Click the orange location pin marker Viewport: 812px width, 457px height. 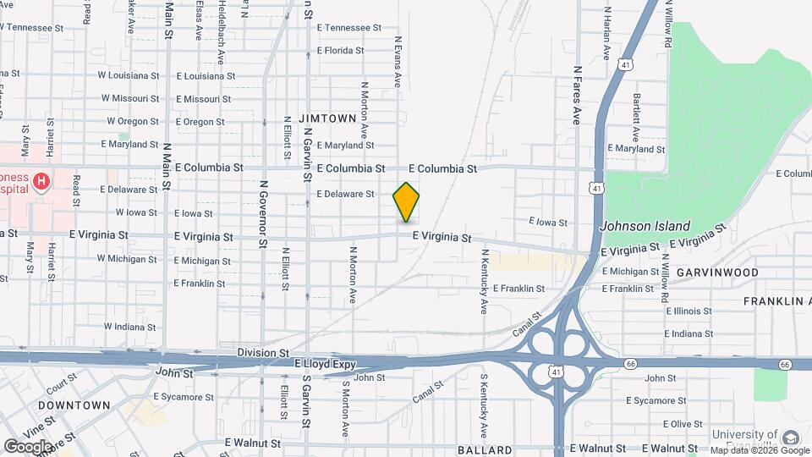click(x=406, y=201)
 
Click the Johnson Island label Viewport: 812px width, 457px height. click(x=645, y=226)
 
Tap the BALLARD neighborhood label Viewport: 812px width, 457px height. click(x=485, y=449)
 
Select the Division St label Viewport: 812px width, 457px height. click(x=263, y=352)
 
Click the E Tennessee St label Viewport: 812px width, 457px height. click(x=349, y=28)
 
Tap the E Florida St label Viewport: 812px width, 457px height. click(x=340, y=51)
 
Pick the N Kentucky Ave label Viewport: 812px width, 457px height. click(x=485, y=278)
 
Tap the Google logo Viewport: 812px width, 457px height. click(x=29, y=445)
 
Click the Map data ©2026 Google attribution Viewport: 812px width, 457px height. click(x=757, y=450)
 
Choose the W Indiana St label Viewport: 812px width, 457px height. click(x=131, y=326)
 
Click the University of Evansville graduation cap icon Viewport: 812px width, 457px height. click(x=790, y=438)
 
